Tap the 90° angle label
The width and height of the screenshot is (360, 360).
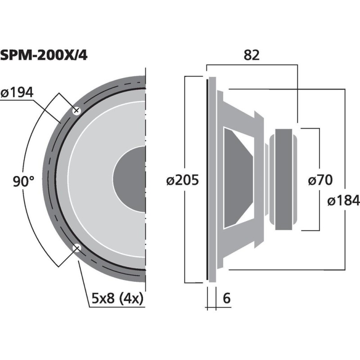[x=23, y=182]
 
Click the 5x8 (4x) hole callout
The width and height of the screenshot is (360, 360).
[x=114, y=298]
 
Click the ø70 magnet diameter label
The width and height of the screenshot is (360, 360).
[x=320, y=180]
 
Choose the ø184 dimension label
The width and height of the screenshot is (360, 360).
[x=343, y=200]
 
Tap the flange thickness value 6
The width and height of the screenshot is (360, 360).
[x=226, y=298]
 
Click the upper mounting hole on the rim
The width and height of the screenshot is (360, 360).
[x=76, y=110]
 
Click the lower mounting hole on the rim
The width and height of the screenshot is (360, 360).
[x=76, y=247]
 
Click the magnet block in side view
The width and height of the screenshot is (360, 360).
[x=283, y=179]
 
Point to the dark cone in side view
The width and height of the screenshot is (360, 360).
[x=236, y=179]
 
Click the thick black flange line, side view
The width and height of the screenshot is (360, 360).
[x=207, y=180]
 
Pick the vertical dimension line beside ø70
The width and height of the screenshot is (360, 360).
[x=319, y=153]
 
